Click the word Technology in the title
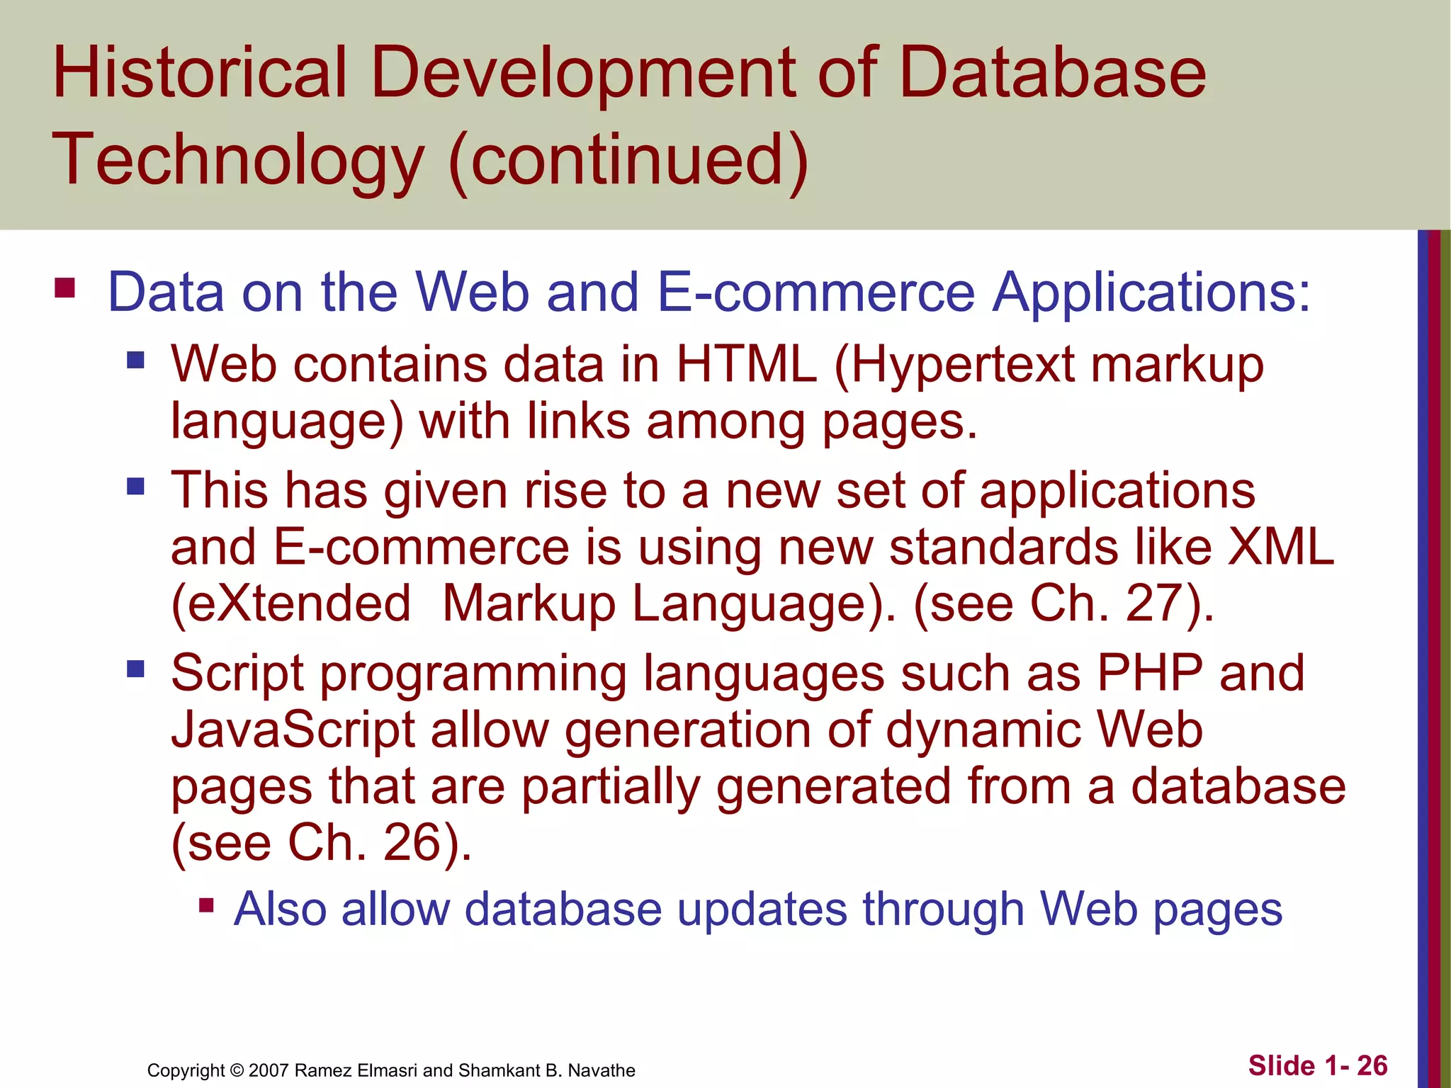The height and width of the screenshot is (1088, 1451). [x=237, y=161]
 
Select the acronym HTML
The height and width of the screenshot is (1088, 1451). [x=746, y=364]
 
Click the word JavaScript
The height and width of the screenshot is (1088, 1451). [x=293, y=730]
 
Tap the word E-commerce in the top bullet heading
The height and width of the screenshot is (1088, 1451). [x=816, y=292]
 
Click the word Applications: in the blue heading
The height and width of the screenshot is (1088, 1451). [x=1151, y=293]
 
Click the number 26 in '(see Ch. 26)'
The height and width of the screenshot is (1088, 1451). [x=412, y=843]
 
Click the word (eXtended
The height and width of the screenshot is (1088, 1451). [x=291, y=604]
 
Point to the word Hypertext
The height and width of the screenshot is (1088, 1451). [x=954, y=365]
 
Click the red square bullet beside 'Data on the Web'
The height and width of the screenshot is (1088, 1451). [x=64, y=288]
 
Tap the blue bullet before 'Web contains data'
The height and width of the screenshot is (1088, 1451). [x=135, y=361]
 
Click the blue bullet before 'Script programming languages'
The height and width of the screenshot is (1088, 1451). [x=135, y=669]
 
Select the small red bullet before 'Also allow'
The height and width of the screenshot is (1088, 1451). [x=206, y=905]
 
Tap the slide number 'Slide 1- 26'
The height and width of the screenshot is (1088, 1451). [x=1317, y=1065]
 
